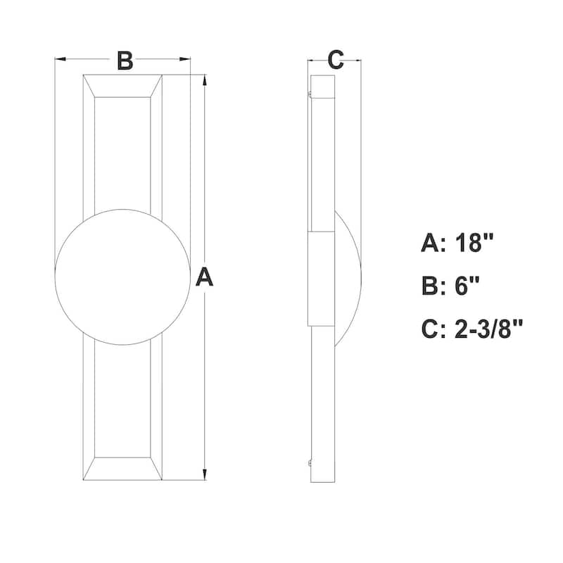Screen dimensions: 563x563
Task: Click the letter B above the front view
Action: (x=124, y=61)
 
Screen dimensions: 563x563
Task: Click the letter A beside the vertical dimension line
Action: (x=203, y=277)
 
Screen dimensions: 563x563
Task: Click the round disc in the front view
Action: (x=122, y=277)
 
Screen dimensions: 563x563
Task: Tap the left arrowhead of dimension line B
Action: (x=61, y=59)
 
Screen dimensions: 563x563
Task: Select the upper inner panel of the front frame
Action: (x=122, y=151)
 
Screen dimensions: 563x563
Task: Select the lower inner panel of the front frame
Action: (x=122, y=401)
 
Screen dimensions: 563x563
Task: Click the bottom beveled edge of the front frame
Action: (x=122, y=469)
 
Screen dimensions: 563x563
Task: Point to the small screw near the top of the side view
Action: (x=309, y=91)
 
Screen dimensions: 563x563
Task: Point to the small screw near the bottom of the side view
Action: (x=309, y=462)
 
